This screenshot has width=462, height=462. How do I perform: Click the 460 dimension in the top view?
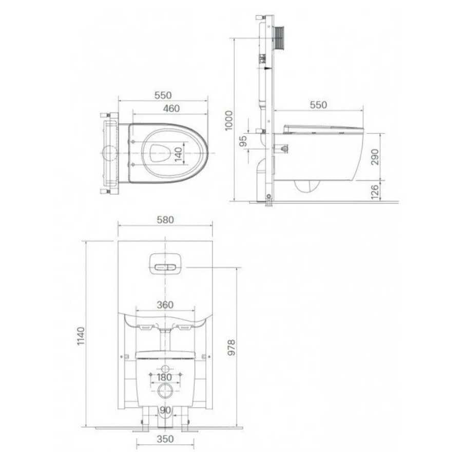coord(170,108)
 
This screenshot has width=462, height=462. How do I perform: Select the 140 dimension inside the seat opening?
coord(178,152)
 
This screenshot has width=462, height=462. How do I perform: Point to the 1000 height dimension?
coord(228,121)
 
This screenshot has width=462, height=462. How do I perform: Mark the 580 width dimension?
coord(165,219)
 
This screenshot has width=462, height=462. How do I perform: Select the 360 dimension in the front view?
coord(165,304)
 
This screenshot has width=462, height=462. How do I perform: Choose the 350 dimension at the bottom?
coord(165,439)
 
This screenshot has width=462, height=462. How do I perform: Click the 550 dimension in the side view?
coord(318,105)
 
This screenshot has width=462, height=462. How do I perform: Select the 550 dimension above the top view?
coord(163,95)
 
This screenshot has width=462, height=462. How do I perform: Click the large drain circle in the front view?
coord(165,392)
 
